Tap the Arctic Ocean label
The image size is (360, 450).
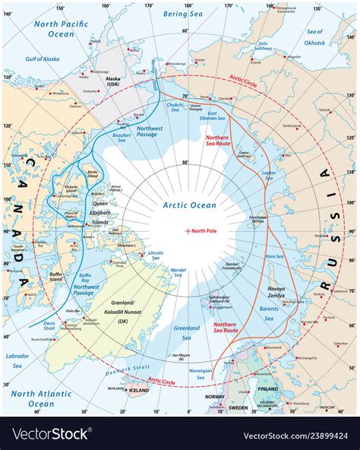tap(190, 205)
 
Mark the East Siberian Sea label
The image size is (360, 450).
tap(218, 116)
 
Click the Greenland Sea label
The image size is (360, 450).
tap(187, 329)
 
